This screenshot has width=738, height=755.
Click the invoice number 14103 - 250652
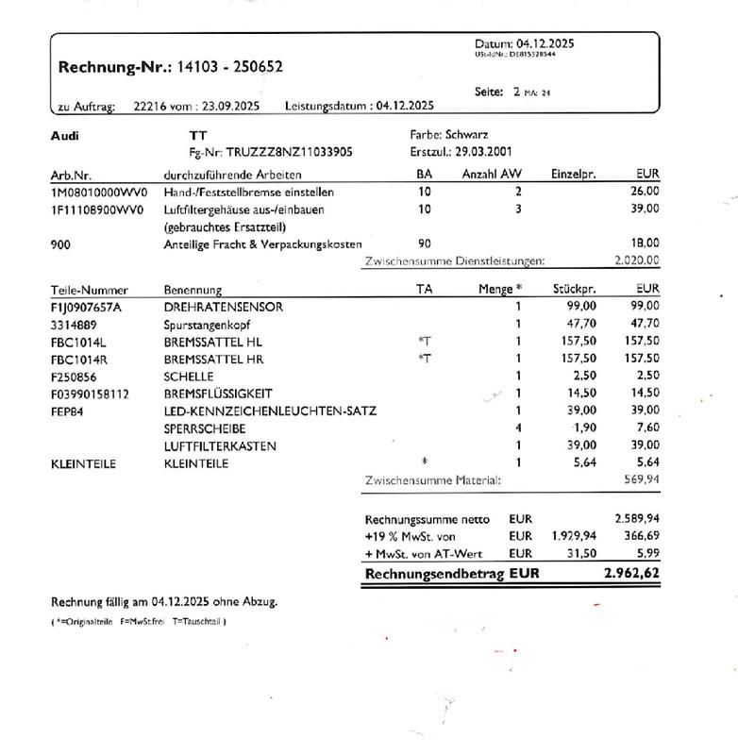[228, 67]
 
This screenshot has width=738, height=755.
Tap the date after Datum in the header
[545, 43]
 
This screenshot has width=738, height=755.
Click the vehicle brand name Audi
[65, 136]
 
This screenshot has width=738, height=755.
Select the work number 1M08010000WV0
[98, 192]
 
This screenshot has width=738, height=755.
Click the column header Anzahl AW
[491, 175]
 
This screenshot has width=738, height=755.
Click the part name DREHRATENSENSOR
[223, 307]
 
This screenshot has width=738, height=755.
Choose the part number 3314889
[72, 324]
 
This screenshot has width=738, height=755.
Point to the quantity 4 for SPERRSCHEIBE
[518, 428]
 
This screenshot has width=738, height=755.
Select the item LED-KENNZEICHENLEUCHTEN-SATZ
[270, 411]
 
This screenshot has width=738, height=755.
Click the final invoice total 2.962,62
[631, 572]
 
